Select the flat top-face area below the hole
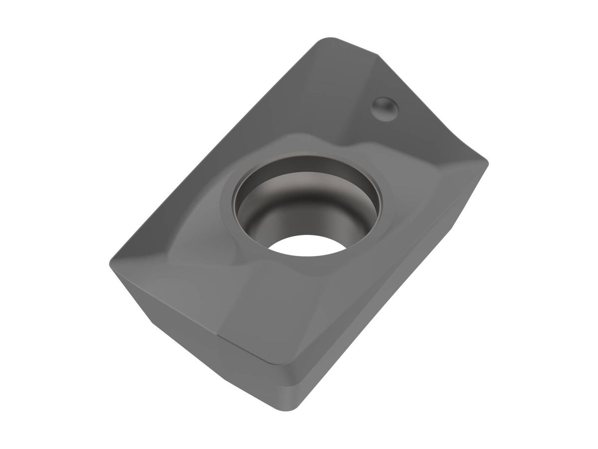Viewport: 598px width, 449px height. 279,309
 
